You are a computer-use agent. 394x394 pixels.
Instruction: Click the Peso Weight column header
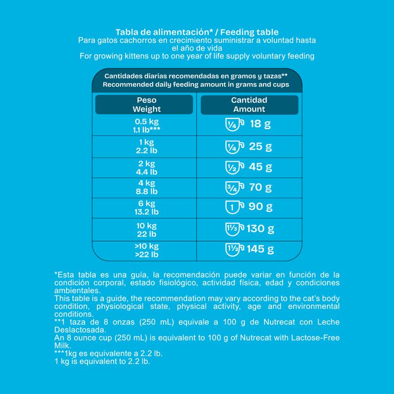pos(144,104)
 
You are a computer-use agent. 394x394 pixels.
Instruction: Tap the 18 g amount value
pos(261,124)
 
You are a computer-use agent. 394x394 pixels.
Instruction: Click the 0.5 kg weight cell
pos(147,125)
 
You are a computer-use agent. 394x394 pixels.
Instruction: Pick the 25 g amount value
pos(261,146)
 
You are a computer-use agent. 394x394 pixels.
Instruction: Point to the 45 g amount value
pos(261,167)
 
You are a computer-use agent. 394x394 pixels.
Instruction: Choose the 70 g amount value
pos(261,187)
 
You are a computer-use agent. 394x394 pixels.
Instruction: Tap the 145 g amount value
pos(261,249)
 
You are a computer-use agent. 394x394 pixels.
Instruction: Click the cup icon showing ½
pos(233,167)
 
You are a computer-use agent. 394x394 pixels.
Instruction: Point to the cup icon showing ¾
pos(233,187)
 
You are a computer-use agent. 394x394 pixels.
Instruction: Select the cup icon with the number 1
pos(233,207)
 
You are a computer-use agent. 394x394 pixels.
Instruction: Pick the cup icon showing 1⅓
pos(233,229)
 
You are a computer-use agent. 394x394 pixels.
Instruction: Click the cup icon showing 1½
pos(233,249)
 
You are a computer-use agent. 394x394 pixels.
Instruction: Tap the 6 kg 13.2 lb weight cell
pos(147,207)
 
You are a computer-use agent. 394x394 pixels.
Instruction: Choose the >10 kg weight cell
pos(147,250)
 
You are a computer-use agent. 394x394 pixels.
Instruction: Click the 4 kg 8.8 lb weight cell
pos(147,187)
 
